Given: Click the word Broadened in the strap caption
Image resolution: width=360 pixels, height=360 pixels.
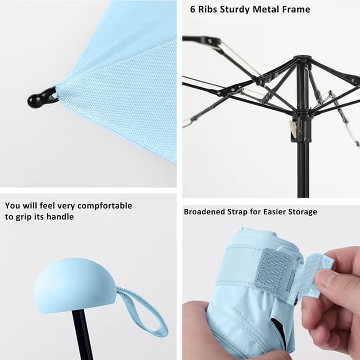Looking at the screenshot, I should (206, 211).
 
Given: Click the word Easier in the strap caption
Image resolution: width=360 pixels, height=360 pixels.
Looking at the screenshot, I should (272, 211).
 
